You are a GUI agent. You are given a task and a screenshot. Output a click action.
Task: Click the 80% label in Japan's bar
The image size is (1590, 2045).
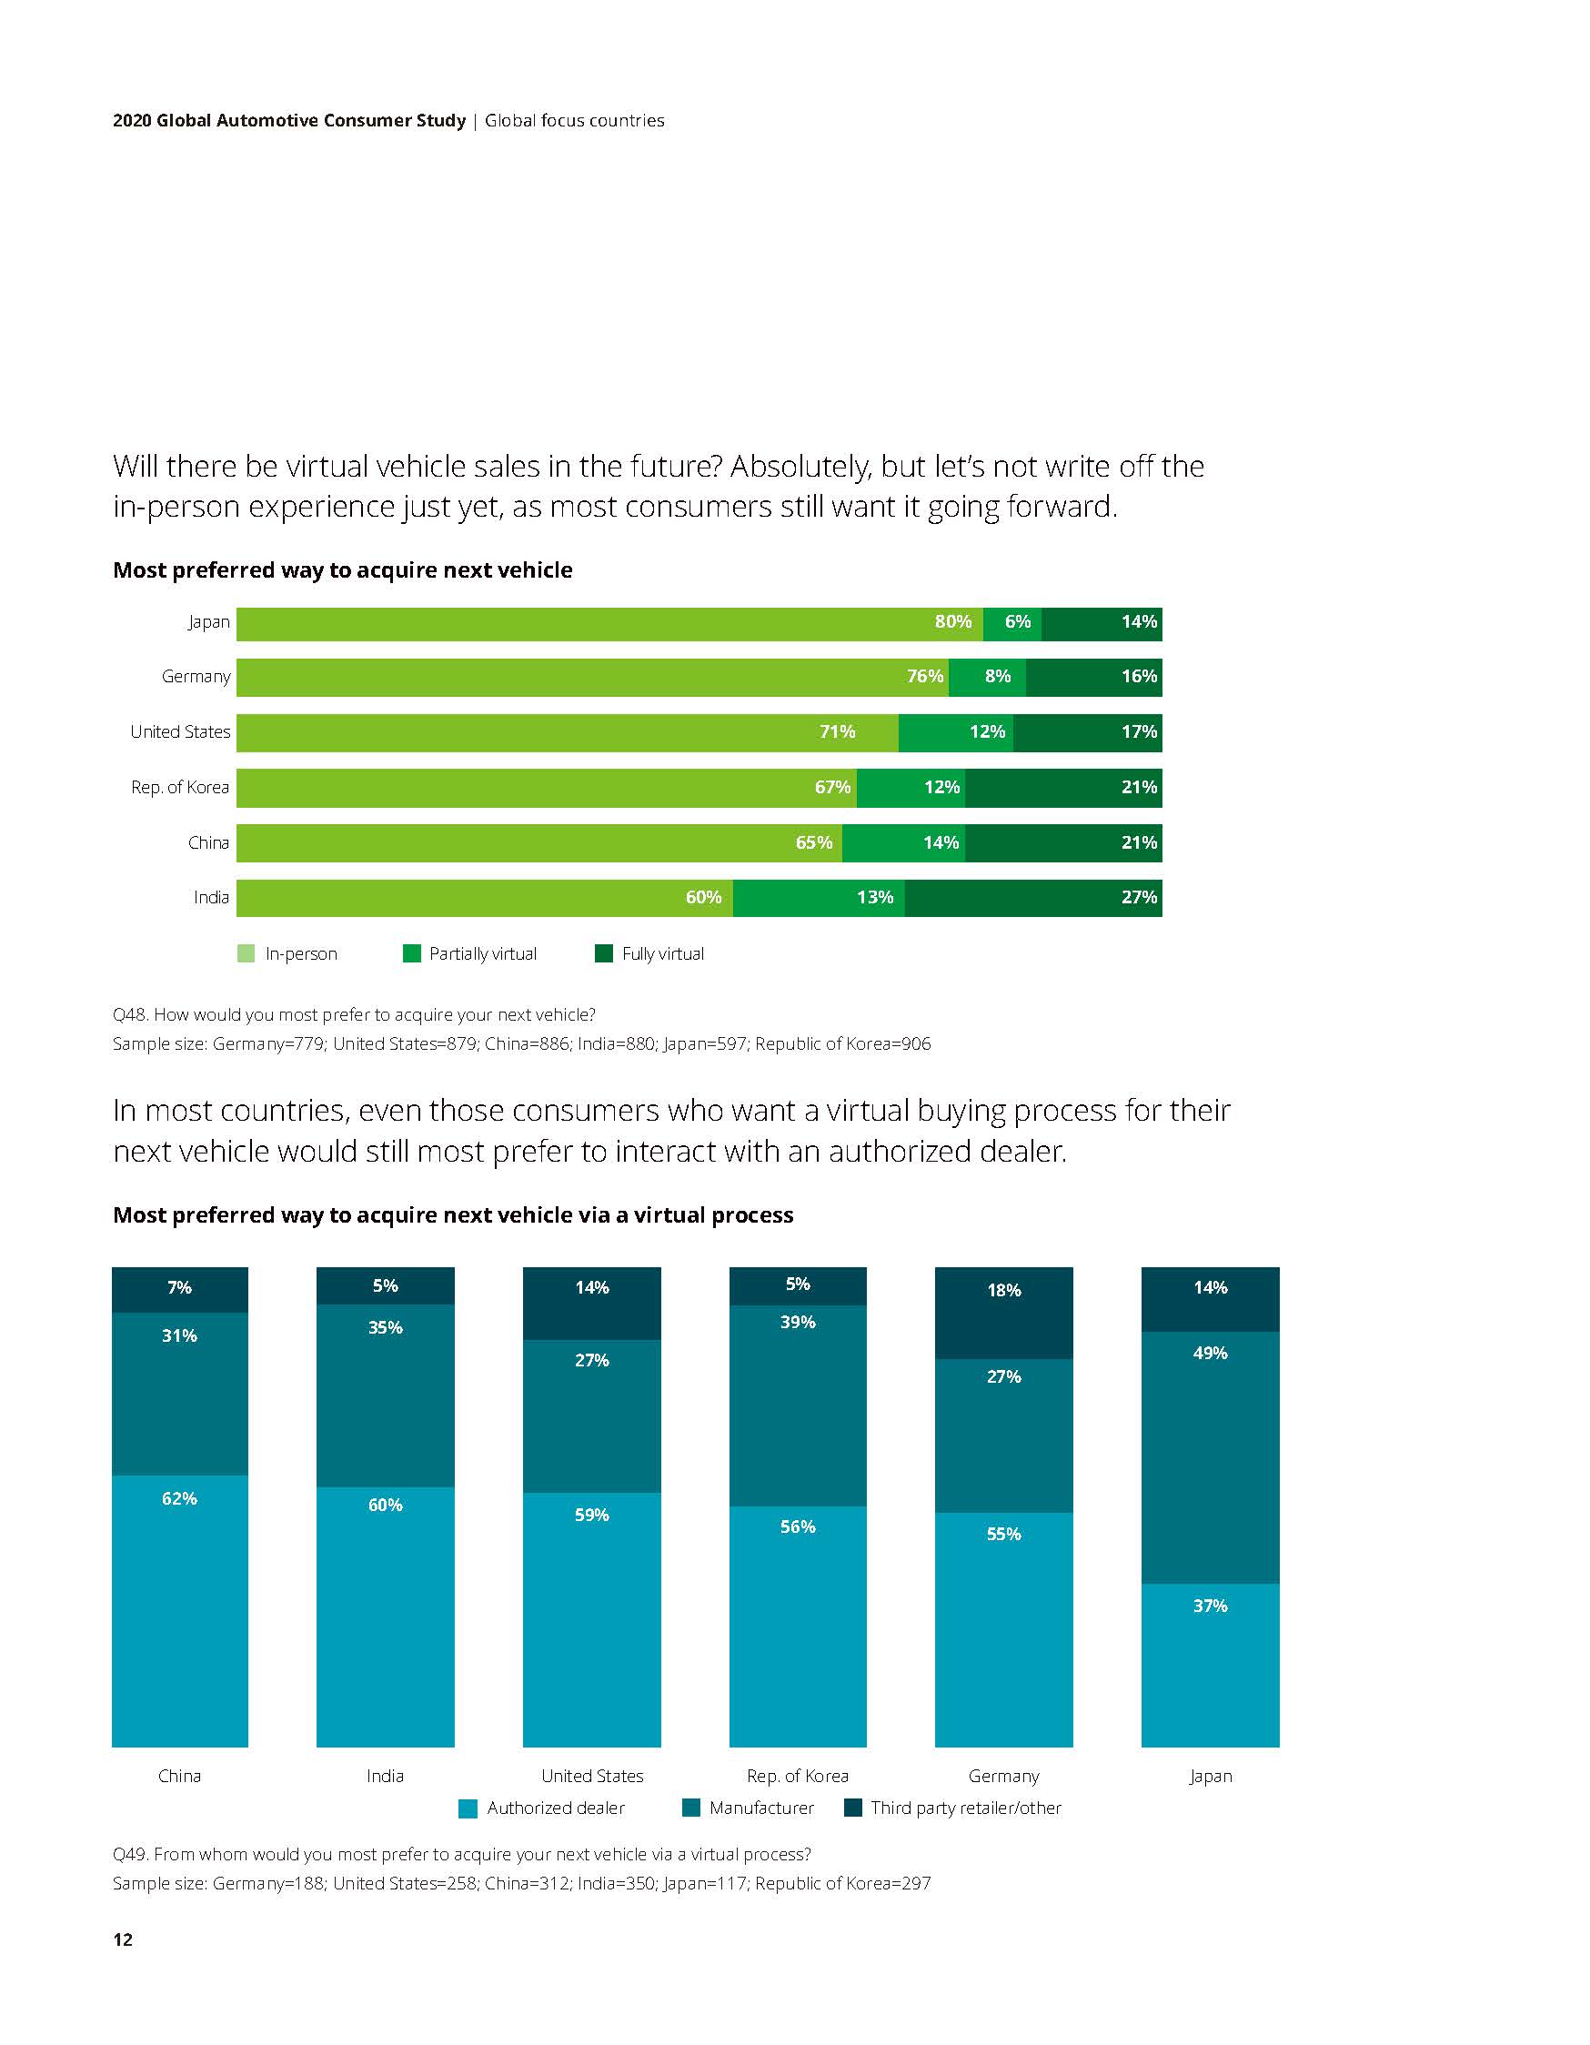(x=952, y=621)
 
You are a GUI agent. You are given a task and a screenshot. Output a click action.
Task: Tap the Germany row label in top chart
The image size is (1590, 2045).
(x=196, y=676)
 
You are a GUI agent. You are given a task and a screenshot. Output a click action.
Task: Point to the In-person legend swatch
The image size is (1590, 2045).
(x=247, y=954)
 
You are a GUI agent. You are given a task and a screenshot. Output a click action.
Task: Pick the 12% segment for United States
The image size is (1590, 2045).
(x=955, y=732)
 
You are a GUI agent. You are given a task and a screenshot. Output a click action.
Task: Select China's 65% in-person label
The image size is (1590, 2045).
(x=814, y=842)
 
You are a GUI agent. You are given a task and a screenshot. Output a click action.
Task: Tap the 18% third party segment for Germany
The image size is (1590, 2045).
(x=1004, y=1313)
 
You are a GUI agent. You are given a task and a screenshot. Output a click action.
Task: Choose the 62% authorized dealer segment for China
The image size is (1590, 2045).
(x=180, y=1610)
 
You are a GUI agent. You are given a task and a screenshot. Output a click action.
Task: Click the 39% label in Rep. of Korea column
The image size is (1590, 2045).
(x=798, y=1322)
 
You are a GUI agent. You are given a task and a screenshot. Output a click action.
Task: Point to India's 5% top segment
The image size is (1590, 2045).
(x=386, y=1285)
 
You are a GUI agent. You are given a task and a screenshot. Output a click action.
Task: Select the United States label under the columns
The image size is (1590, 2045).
(x=592, y=1777)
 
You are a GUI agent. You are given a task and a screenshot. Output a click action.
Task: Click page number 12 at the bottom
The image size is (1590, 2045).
(x=123, y=1939)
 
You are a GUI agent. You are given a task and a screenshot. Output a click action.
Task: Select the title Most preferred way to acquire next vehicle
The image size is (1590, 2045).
(x=342, y=570)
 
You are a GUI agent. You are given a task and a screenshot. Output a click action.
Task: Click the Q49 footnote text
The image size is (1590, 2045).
(x=462, y=1854)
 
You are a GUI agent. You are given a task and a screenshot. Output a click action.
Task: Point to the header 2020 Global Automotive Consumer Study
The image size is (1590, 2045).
(x=288, y=121)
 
